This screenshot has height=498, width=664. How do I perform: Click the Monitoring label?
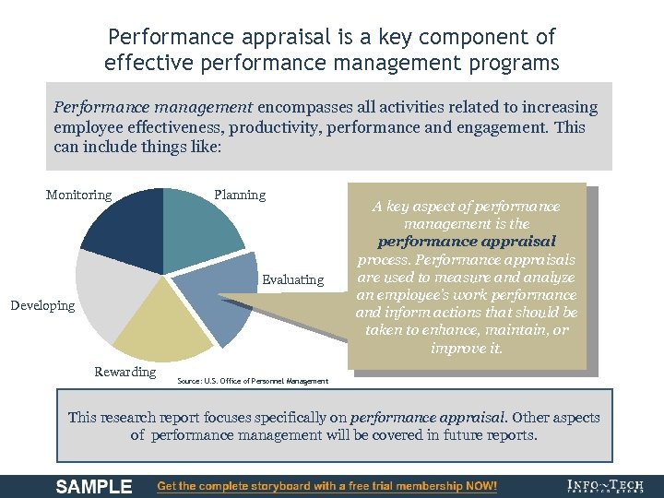[78, 195]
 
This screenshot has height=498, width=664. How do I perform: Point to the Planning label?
[240, 195]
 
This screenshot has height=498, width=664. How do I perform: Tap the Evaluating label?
[293, 279]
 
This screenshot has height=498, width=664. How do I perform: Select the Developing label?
[42, 305]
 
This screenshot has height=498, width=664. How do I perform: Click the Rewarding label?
[125, 372]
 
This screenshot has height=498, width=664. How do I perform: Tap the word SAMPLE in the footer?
[94, 486]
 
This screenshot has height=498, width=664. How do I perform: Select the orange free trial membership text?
[327, 486]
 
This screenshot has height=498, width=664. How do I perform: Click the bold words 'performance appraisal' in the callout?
[467, 242]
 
